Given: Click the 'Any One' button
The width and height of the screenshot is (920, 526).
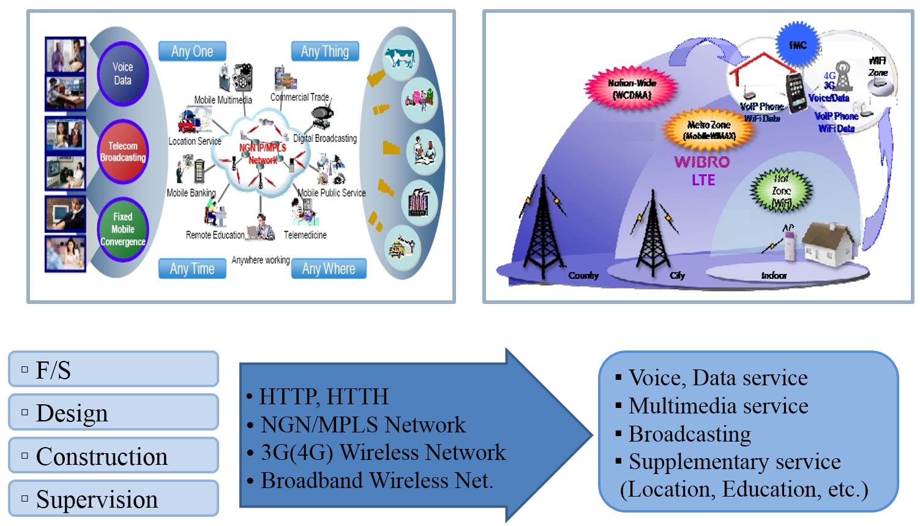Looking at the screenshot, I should pos(192,51).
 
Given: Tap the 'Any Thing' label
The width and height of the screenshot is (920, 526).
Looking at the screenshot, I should pos(325,51).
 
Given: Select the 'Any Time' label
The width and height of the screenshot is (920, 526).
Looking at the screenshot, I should pos(192,269).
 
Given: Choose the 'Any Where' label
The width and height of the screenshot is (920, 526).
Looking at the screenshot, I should pos(329,269).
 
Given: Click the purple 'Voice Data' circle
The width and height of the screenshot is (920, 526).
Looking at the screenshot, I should pos(123,73).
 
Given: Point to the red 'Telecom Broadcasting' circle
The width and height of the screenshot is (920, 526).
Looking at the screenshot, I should pos(123,152).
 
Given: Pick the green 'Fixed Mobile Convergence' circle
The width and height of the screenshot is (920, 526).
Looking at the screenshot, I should pos(123,229).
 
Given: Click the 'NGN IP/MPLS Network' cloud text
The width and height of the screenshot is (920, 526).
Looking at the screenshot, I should pos(263,154).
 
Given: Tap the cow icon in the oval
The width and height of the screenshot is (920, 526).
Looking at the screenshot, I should pos(400,58).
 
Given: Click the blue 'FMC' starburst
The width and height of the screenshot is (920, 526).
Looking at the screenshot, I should pos(797,45).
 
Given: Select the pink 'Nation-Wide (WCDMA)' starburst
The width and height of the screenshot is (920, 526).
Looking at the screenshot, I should pos(632,89).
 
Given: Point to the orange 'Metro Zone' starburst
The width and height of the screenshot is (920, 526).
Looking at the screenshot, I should pos(709,130).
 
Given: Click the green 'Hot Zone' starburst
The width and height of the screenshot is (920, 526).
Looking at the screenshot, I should pos(781,191).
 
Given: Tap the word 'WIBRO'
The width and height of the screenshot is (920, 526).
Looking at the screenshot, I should pos(702,162).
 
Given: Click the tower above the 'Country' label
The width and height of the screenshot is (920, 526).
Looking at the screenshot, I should pos(542,226).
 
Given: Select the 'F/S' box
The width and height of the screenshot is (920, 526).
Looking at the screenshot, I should pos(113,369).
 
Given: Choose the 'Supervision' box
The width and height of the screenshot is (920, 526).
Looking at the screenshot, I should pos(113,498).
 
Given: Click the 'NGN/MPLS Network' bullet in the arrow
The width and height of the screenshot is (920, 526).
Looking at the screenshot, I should pos(363,424).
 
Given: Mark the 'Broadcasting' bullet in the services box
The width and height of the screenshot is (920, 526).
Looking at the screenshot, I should pos(690,434).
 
